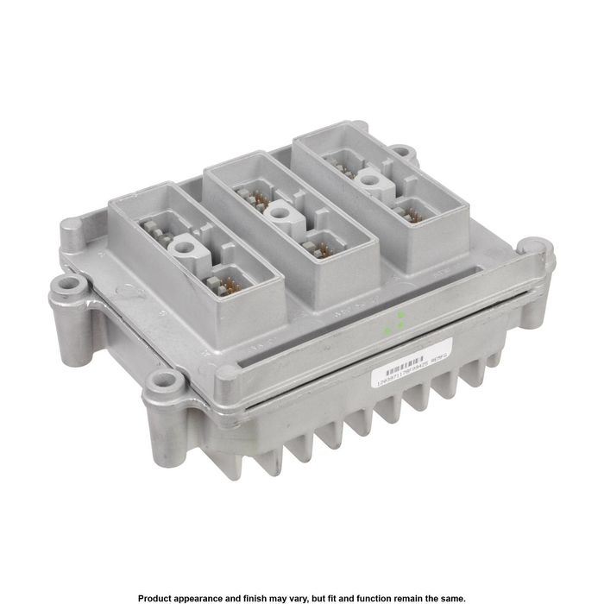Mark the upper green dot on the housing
coord(400,315)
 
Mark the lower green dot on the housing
coord(389,329)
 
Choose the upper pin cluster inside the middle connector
coord(255,201)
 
